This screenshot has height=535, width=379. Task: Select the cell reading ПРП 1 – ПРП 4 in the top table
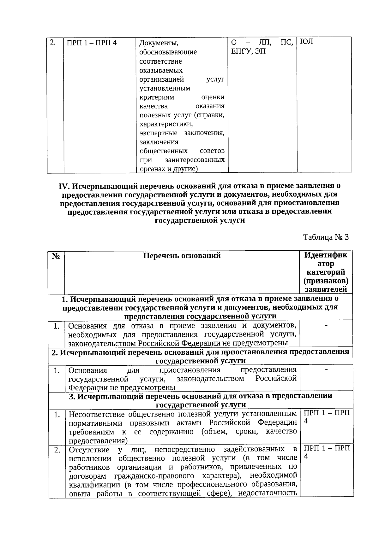pos(92,43)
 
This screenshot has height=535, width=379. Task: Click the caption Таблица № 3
pos(326,237)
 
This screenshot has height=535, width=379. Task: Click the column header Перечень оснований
pos(182,255)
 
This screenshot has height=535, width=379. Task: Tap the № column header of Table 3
pos(56,256)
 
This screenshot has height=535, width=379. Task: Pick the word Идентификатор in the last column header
pos(326,259)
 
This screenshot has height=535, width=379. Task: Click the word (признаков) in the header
pos(326,280)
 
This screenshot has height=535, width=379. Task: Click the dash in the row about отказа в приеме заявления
pos(326,325)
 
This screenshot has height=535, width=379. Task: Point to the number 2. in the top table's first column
pos(52,42)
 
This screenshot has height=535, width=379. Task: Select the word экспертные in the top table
pos(158,133)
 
